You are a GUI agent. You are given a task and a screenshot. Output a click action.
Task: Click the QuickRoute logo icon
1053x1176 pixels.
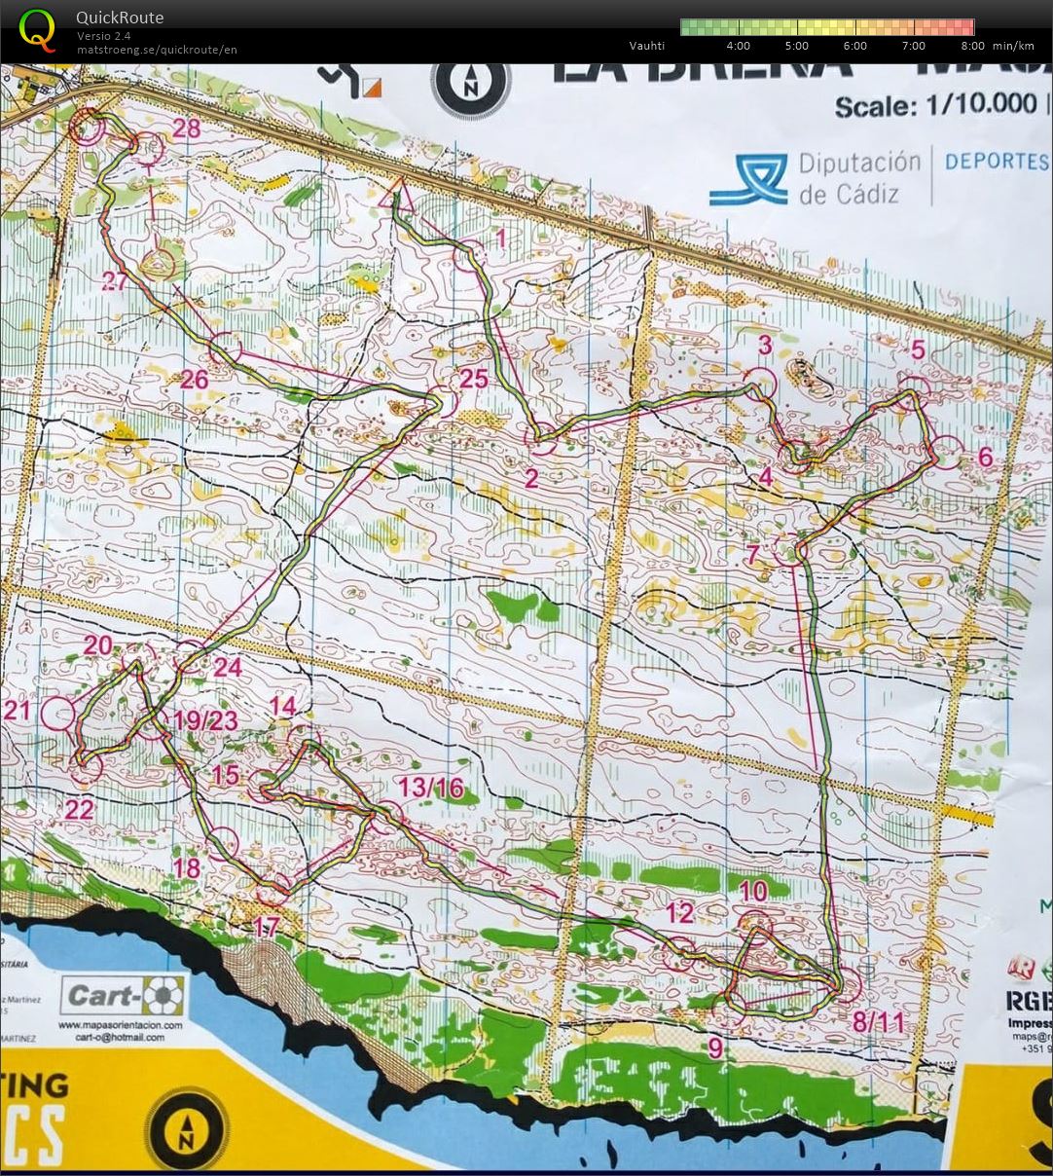[x=38, y=29]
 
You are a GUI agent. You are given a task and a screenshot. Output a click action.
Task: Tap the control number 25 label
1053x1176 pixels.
[x=473, y=379]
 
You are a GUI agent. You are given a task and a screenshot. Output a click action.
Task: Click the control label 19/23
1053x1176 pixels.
[x=206, y=720]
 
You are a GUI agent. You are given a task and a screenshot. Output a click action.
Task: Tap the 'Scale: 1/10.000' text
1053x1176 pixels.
[x=935, y=105]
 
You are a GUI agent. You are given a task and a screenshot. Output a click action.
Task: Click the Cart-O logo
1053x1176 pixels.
[x=123, y=996]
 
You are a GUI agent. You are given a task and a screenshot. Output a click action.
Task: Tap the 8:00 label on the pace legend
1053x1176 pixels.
[x=972, y=46]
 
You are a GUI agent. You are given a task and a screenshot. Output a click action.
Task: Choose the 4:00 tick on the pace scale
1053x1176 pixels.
[x=738, y=46]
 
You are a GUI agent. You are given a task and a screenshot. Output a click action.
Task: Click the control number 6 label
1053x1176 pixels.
[x=984, y=457]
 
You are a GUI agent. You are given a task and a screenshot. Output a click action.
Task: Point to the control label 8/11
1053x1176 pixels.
[x=878, y=1022]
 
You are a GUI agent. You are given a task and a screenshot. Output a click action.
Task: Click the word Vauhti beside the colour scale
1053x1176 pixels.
[x=646, y=46]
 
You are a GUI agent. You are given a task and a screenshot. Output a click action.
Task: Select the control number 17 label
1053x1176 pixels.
[x=267, y=927]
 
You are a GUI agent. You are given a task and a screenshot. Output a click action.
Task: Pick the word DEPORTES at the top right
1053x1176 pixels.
[x=996, y=162]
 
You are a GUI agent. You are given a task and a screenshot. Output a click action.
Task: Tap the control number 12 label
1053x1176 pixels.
[x=679, y=912]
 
